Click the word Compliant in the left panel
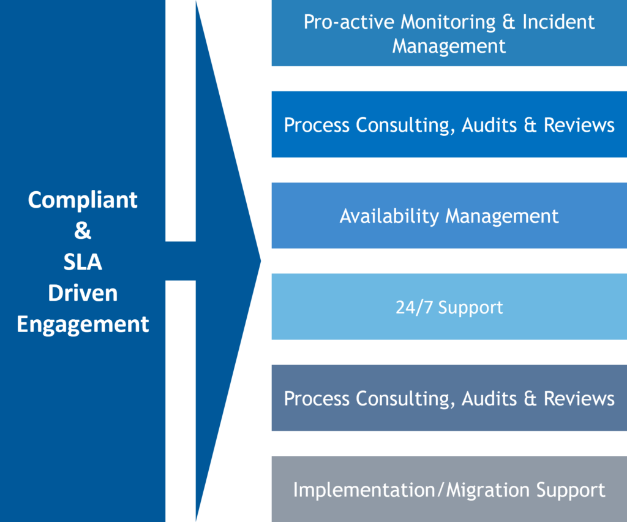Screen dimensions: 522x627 [x=83, y=200]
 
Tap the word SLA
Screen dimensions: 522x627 [x=83, y=262]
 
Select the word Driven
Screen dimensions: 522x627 [x=83, y=293]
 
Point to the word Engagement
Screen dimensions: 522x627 [x=83, y=323]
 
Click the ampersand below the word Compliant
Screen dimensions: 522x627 [x=83, y=232]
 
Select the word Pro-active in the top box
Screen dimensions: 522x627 [x=349, y=22]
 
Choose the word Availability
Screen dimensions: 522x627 [x=389, y=216]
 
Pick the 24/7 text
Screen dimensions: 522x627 [x=414, y=307]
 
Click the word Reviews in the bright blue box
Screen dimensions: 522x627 [x=579, y=126]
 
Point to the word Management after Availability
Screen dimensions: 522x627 [x=502, y=216]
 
